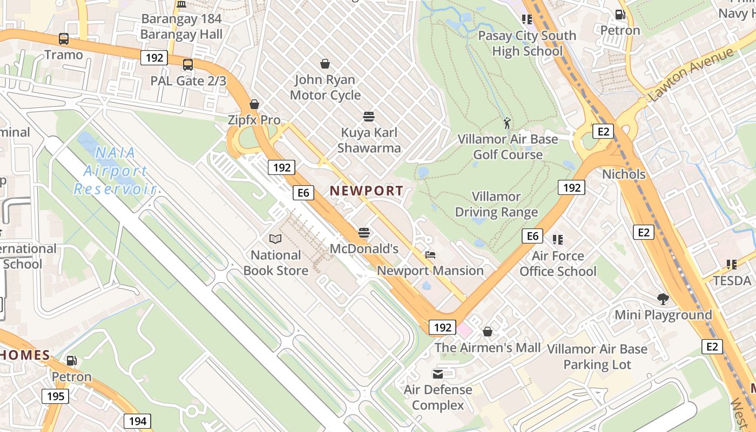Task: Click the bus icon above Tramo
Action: click(x=64, y=39)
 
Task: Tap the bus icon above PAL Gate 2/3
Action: click(x=188, y=65)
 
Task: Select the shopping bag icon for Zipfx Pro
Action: click(x=254, y=104)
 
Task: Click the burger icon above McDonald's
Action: click(x=364, y=233)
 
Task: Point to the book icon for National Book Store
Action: click(x=275, y=239)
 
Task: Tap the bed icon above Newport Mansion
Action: click(x=430, y=255)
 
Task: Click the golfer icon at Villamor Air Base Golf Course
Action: click(x=507, y=123)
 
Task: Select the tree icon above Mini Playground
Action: click(x=663, y=299)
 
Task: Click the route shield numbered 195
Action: click(x=55, y=396)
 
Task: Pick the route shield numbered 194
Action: click(x=138, y=421)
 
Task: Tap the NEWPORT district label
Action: click(x=367, y=191)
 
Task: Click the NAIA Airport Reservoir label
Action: click(x=114, y=171)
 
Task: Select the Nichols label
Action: click(x=624, y=174)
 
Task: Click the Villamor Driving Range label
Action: click(x=496, y=204)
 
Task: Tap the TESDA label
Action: click(x=732, y=281)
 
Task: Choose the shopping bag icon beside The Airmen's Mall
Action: click(x=488, y=332)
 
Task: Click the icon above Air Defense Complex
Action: click(x=438, y=374)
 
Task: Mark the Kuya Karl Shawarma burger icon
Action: click(x=369, y=117)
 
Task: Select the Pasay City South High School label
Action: click(x=527, y=43)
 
